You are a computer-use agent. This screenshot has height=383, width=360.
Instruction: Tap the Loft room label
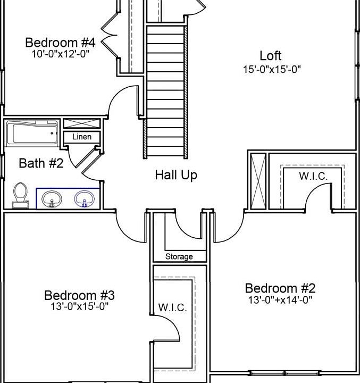[270, 55]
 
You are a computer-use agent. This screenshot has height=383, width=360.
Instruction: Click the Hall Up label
[176, 174]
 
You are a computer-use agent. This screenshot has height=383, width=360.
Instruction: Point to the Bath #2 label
[41, 163]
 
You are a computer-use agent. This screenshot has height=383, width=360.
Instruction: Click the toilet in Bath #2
[21, 194]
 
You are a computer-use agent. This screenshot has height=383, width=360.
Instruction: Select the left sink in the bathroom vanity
[52, 199]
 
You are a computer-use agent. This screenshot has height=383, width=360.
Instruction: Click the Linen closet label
[82, 137]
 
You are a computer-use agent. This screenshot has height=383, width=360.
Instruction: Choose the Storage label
[179, 256]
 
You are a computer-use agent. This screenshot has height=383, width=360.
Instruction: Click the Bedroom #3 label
[79, 295]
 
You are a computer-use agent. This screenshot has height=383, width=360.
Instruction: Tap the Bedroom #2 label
[280, 288]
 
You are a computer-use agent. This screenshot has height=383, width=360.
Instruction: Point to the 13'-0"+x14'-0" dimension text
[280, 299]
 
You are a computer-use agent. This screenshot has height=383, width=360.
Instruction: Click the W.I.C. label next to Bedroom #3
[172, 307]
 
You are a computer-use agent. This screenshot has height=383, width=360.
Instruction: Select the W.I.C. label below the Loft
[313, 176]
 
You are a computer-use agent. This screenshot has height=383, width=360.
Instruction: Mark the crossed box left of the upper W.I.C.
[257, 181]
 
